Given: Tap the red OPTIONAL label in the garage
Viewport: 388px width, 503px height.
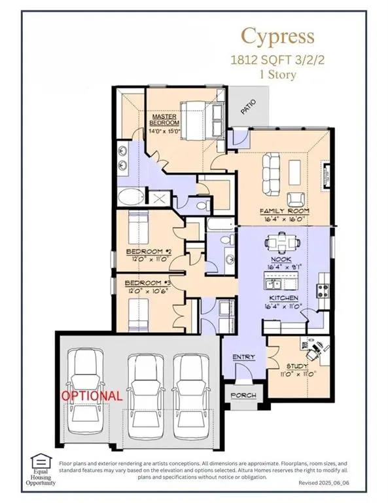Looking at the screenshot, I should point(91,396).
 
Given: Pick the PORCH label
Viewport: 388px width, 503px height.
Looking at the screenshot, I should point(243,396).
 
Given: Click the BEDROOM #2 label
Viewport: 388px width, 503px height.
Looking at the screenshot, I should point(148,251).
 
